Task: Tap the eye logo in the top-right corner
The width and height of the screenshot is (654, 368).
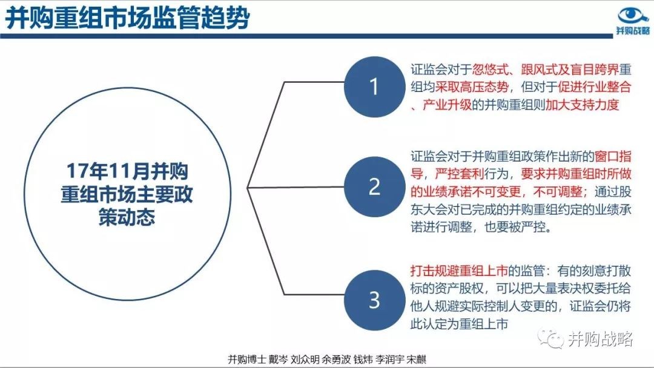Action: pos(633,15)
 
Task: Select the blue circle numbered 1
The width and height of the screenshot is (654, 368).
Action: pos(374,87)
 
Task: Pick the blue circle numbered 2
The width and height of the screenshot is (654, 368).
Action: pos(374,186)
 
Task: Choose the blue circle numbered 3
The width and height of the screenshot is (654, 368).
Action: pos(374,300)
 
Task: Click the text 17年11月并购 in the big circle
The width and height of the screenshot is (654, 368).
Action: pos(127,171)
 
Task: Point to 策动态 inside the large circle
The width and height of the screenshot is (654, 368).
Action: pos(127,217)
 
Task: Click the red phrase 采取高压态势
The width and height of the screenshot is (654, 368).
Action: pos(472,87)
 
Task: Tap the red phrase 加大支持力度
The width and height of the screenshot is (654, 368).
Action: pos(582,105)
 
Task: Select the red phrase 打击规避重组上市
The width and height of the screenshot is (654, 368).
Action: pos(459,271)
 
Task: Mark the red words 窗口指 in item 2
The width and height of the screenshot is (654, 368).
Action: pos(613,156)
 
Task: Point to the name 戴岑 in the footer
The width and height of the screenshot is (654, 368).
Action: pos(278,360)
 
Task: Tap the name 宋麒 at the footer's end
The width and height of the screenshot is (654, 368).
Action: pos(417,360)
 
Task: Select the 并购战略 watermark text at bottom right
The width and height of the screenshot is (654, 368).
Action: pos(600,339)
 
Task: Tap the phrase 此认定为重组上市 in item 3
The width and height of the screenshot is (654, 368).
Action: pos(459,324)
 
